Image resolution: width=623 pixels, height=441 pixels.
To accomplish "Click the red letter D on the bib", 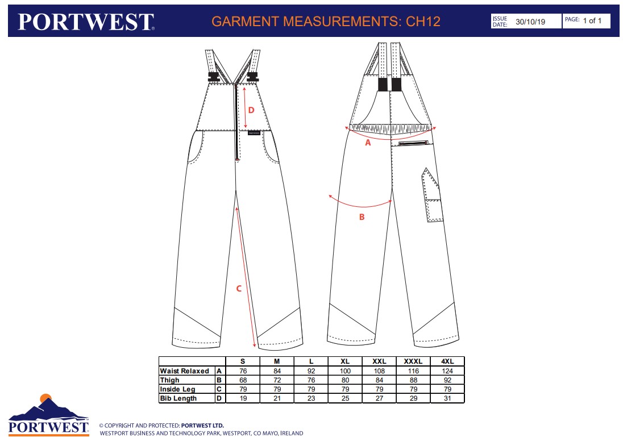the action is pos(251,110).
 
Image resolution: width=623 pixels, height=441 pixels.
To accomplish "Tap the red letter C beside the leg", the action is pos(239,289).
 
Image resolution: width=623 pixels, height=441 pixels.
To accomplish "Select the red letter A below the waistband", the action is pos(368,143).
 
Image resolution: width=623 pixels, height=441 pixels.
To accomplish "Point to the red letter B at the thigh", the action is pos(362,217).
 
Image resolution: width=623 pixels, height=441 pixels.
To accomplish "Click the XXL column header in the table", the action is pos(380,361).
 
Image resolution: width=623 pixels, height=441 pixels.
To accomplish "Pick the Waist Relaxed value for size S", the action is pos(243,371).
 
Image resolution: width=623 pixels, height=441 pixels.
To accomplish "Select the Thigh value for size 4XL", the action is pos(447,380).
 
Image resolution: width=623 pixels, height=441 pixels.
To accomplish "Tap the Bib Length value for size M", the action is pos(277,398).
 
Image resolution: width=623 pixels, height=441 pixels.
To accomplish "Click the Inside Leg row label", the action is pos(177,389).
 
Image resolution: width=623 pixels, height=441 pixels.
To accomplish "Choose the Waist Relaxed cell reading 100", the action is pos(345,371).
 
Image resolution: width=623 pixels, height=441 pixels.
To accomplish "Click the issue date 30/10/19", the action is pos(530,22).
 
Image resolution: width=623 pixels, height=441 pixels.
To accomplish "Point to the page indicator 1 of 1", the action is pos(592,20).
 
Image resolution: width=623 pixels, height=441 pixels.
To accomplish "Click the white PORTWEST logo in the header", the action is pos(86,22).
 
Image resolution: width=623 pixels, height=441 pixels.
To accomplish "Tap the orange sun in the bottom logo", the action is pos(46,398).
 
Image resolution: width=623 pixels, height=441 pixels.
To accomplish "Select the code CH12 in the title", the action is pos(423,21).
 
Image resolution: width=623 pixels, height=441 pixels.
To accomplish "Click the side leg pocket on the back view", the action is pos(432,195).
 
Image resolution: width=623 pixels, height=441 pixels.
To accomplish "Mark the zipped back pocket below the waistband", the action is pos(413,143).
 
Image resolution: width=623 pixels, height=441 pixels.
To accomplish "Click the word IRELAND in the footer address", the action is pos(292,433).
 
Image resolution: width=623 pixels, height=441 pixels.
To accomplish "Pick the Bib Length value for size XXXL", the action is pos(414,398).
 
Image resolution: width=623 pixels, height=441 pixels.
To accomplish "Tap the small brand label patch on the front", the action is pos(254,132).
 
